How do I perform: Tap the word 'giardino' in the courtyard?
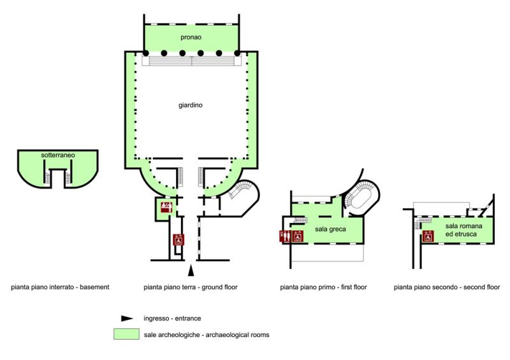(190, 105)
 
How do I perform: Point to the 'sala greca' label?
(329, 229)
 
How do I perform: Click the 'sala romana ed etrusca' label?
(463, 231)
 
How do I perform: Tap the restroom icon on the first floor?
(286, 236)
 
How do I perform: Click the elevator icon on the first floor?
(297, 236)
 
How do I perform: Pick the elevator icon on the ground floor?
(179, 240)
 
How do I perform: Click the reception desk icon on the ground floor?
(165, 206)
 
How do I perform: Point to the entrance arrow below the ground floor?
(191, 268)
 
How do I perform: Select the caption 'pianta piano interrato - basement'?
(61, 287)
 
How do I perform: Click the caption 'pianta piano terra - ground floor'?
(191, 287)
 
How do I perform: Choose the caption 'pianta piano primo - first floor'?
(323, 287)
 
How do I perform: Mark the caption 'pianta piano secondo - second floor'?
(448, 287)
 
